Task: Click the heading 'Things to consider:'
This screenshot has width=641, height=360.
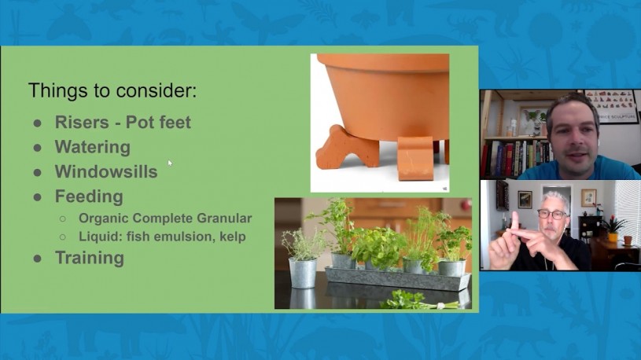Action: (112, 90)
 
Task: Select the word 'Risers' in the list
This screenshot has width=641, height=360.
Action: (82, 122)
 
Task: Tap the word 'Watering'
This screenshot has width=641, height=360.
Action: (93, 148)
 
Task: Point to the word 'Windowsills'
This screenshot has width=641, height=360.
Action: (106, 171)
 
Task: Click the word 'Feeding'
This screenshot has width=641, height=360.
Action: (89, 197)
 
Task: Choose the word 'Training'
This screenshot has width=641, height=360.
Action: (90, 258)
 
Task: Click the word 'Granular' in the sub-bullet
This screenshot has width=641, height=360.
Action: (224, 219)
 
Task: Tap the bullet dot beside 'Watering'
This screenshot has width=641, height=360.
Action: (37, 148)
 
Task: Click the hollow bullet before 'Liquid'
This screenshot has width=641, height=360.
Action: (63, 237)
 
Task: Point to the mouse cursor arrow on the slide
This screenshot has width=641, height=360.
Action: (170, 163)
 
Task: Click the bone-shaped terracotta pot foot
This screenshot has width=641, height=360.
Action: (347, 148)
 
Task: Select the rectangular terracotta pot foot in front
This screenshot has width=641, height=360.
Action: (415, 158)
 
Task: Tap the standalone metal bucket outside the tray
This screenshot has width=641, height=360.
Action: (303, 273)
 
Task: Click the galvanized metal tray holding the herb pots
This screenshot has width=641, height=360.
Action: (397, 278)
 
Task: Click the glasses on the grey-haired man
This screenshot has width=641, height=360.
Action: (551, 214)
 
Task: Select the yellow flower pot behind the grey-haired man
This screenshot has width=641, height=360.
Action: (613, 237)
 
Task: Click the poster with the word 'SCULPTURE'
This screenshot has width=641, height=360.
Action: (612, 106)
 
